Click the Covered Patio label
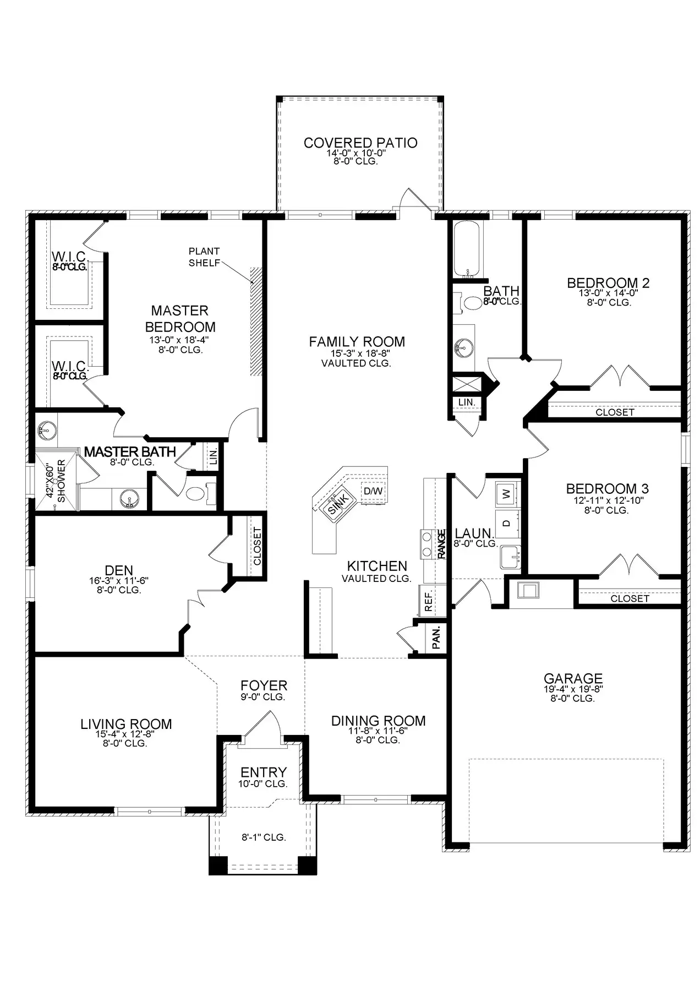(x=360, y=143)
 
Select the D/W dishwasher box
(x=373, y=491)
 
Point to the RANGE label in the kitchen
(x=441, y=544)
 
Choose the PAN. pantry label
(x=436, y=637)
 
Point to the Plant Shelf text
(x=204, y=257)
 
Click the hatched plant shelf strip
(x=256, y=321)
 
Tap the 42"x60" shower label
(x=56, y=481)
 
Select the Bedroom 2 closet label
(x=615, y=412)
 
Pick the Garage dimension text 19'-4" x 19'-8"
(x=573, y=689)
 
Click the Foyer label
(x=264, y=685)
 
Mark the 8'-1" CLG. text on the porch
(x=264, y=837)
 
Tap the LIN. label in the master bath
(x=214, y=455)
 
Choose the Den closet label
(x=257, y=547)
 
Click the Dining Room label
(x=378, y=721)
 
